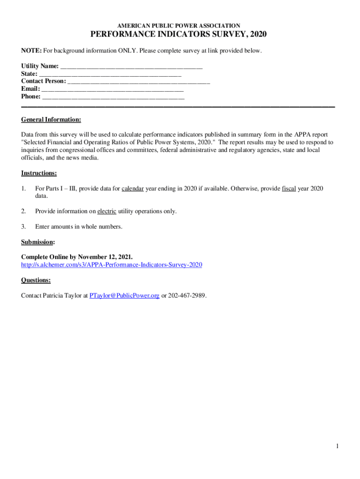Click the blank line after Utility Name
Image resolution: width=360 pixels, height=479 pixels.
(131, 66)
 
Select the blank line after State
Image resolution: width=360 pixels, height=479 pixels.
(110, 74)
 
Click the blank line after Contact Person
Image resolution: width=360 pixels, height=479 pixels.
(139, 82)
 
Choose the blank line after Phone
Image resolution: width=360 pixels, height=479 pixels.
(114, 97)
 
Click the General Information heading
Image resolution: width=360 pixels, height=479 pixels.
(51, 120)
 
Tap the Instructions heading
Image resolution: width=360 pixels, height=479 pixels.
(39, 173)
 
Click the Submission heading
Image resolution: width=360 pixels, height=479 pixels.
(38, 242)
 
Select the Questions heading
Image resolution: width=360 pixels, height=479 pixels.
(36, 280)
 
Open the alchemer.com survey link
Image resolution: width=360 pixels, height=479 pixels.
(111, 265)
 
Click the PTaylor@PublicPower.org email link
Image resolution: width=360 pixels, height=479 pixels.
(124, 296)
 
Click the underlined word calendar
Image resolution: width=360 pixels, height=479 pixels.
(132, 189)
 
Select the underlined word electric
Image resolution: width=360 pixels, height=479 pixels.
(107, 211)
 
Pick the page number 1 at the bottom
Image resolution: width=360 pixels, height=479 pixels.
(337, 446)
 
